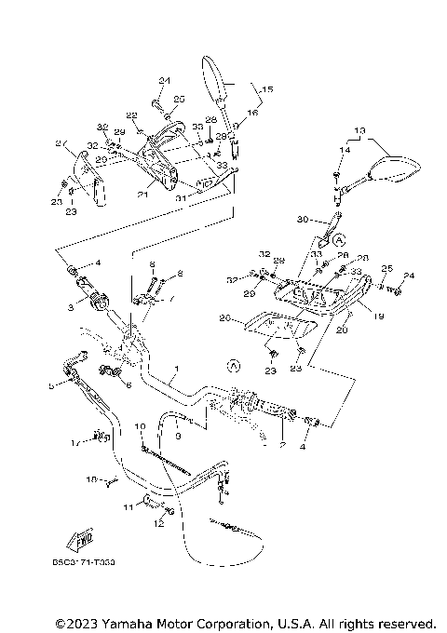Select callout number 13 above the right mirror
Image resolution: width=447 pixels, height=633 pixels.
click(x=360, y=129)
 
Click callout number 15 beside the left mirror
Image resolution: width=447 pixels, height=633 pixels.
click(x=267, y=89)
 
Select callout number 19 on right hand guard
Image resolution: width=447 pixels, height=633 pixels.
click(x=379, y=316)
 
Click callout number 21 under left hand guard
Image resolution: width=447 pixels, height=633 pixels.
click(x=143, y=195)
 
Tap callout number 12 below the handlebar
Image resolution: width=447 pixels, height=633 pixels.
click(x=158, y=525)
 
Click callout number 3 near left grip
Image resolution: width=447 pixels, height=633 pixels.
click(x=68, y=306)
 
